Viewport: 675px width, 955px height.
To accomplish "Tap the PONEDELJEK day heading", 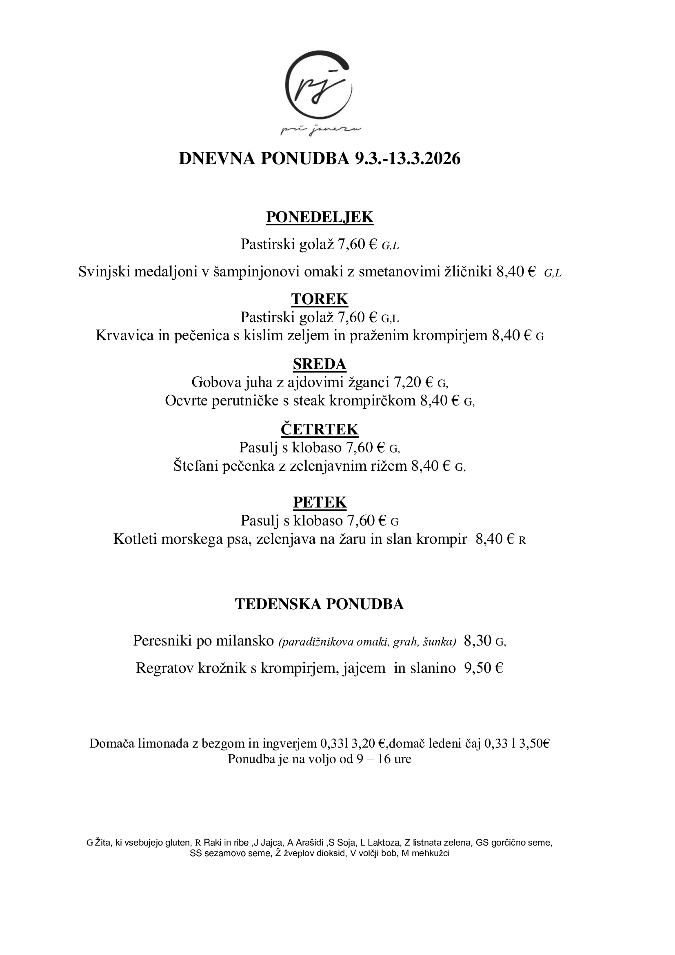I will coord(320,217).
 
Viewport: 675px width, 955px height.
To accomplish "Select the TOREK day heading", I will coord(320,299).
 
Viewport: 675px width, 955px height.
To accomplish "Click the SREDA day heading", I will coord(320,364).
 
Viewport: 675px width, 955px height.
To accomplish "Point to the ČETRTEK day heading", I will coord(320,429).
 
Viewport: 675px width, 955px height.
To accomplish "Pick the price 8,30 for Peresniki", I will coord(477,641).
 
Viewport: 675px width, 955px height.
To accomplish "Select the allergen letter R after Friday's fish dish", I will coord(522,540).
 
